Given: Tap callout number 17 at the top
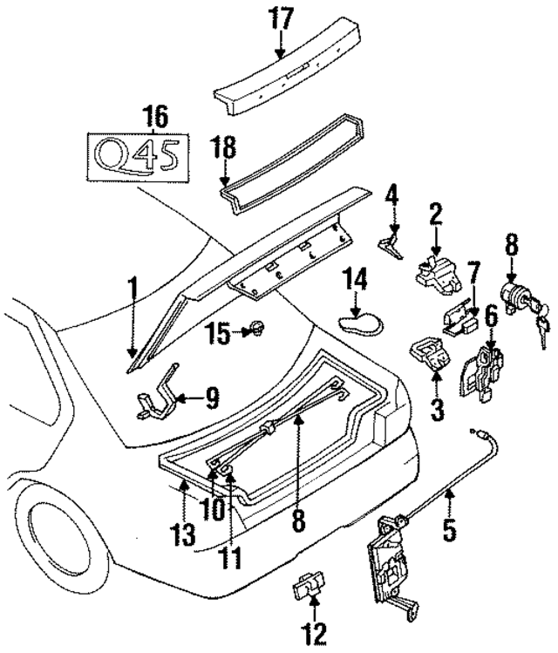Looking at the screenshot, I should point(282,17).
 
